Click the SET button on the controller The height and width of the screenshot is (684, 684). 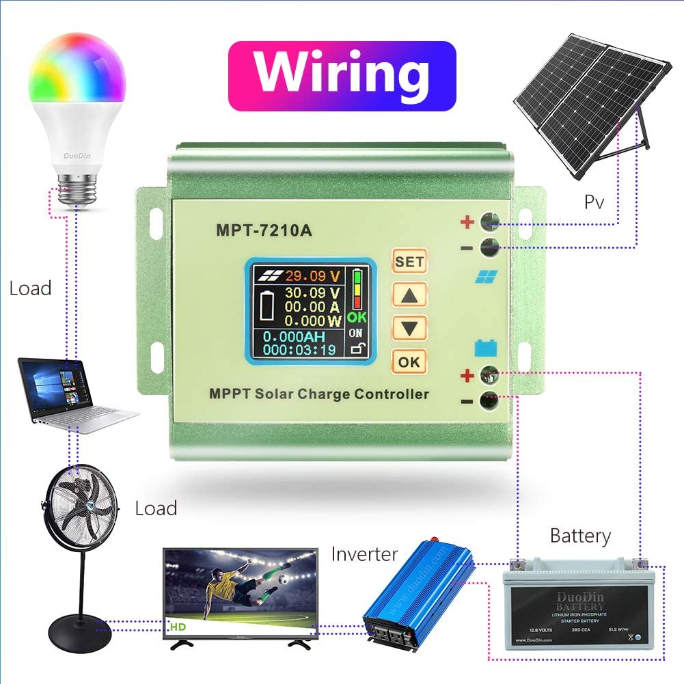(x=409, y=261)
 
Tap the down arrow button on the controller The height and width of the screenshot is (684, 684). (x=409, y=327)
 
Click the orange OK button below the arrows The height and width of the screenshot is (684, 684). (x=409, y=361)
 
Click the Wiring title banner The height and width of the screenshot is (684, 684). (x=342, y=75)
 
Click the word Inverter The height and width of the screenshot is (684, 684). (x=364, y=553)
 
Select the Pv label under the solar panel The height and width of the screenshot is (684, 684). (x=594, y=202)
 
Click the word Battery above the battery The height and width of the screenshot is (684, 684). (x=580, y=536)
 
